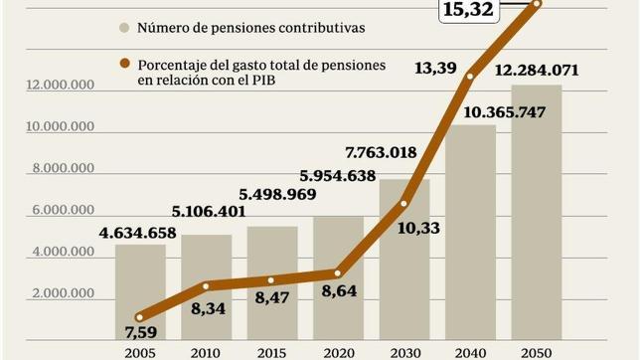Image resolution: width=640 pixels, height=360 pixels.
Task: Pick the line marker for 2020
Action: click(338, 272)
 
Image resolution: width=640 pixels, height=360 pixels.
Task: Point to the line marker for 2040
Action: click(471, 76)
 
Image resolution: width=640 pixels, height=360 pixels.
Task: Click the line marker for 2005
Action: click(140, 316)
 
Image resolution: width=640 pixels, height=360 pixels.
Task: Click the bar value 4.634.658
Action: click(138, 234)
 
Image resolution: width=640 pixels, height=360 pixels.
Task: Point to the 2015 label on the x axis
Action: click(272, 352)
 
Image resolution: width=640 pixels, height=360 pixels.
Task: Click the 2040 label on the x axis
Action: click(471, 352)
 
